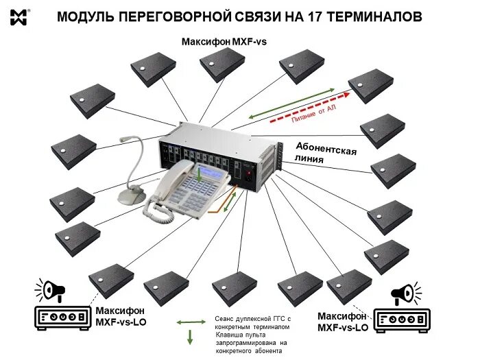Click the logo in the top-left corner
click(x=19, y=16)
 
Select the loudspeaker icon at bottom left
click(x=52, y=291)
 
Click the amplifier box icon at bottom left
click(x=62, y=317)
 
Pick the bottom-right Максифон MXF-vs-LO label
click(x=343, y=322)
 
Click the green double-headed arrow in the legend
click(x=191, y=321)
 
